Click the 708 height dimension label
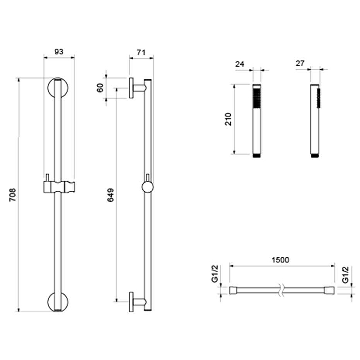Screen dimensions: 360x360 tap(13, 195)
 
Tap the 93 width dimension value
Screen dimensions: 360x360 tap(59, 52)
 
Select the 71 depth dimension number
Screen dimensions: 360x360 tap(141, 53)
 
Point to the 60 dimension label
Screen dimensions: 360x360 tap(100, 88)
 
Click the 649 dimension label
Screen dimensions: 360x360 tap(110, 195)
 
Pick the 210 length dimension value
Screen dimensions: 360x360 tap(228, 119)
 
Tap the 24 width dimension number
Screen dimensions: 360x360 tap(239, 64)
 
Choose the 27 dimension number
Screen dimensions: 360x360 tap(300, 63)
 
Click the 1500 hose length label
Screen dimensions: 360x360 tap(280, 260)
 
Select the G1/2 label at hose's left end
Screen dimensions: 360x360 tap(215, 274)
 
